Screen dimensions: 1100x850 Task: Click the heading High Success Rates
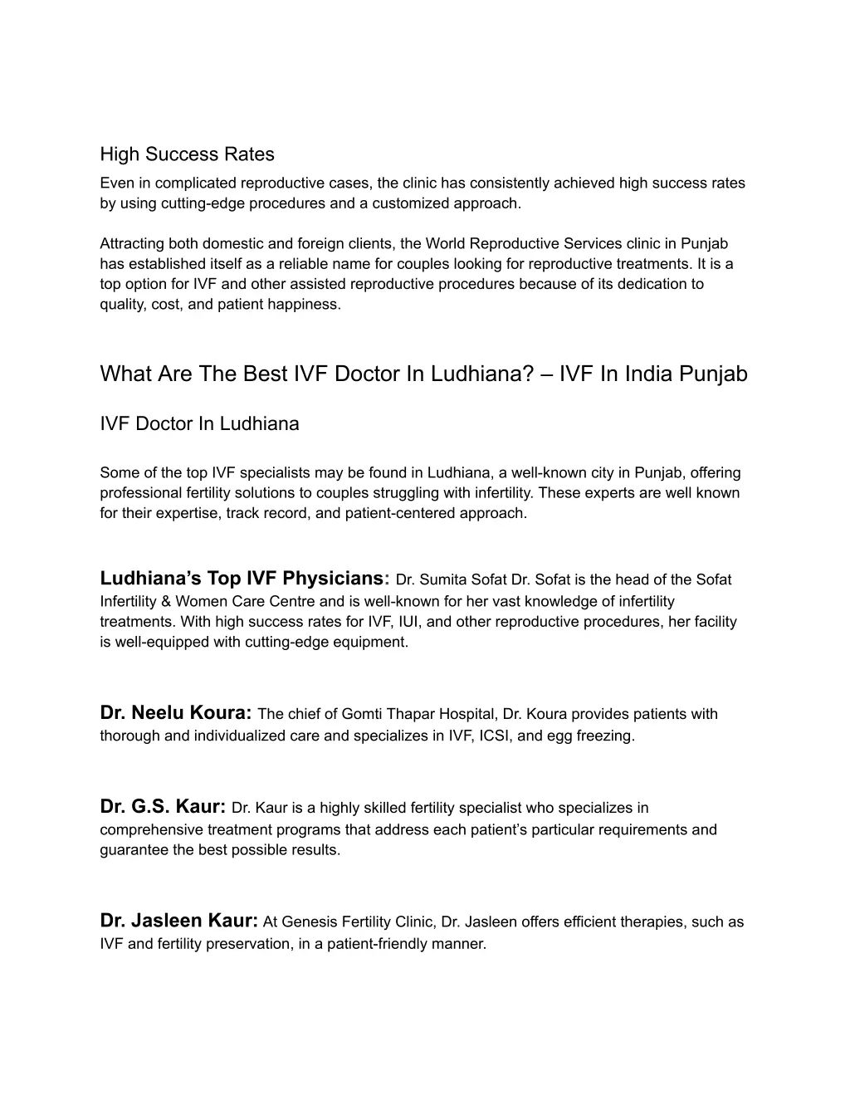187,154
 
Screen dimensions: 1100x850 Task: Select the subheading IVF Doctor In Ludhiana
199,423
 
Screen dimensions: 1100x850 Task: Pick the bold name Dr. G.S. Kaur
163,806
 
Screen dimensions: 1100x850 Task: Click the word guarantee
134,850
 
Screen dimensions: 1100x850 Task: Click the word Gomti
361,714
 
